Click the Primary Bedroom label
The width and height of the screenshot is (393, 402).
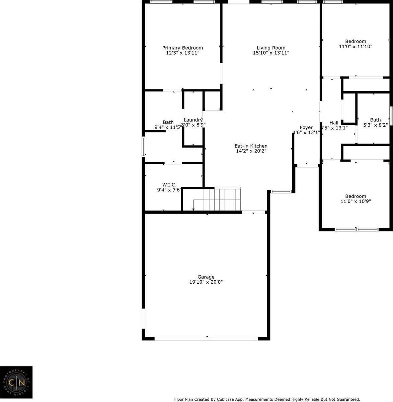click(x=182, y=48)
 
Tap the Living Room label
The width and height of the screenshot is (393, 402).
click(x=271, y=48)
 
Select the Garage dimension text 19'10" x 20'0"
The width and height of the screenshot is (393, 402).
click(x=206, y=282)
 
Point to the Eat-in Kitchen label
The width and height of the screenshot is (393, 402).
click(x=251, y=146)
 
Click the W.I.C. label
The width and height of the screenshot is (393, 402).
click(x=169, y=184)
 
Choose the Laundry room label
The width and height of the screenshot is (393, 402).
click(x=193, y=120)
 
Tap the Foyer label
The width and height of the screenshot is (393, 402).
click(x=306, y=127)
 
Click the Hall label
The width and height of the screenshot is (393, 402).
click(x=334, y=123)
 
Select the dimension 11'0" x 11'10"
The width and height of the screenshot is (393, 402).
click(x=356, y=47)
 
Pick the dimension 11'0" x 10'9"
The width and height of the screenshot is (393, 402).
click(x=356, y=202)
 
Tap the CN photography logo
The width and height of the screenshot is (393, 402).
click(x=16, y=382)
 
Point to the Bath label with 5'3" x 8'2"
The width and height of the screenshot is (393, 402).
click(x=375, y=120)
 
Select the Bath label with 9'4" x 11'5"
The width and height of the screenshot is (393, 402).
click(x=168, y=122)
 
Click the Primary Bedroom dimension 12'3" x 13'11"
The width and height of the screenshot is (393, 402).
click(x=182, y=53)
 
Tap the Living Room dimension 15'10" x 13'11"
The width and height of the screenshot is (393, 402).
click(x=271, y=53)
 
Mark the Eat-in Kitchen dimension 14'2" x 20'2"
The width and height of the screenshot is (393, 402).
click(x=251, y=151)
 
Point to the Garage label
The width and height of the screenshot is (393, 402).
click(x=206, y=277)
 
